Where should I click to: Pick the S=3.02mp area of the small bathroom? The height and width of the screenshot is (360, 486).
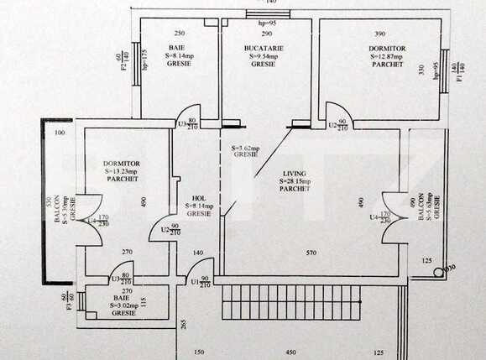(122, 306)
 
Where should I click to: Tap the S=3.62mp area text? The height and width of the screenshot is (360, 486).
(244, 148)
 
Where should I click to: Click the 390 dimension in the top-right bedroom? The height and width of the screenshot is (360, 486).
(379, 34)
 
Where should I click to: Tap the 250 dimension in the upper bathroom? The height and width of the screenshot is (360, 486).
(179, 34)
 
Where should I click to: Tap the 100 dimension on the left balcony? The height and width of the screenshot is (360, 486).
(60, 133)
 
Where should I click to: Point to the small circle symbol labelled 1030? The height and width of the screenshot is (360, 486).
(437, 271)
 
